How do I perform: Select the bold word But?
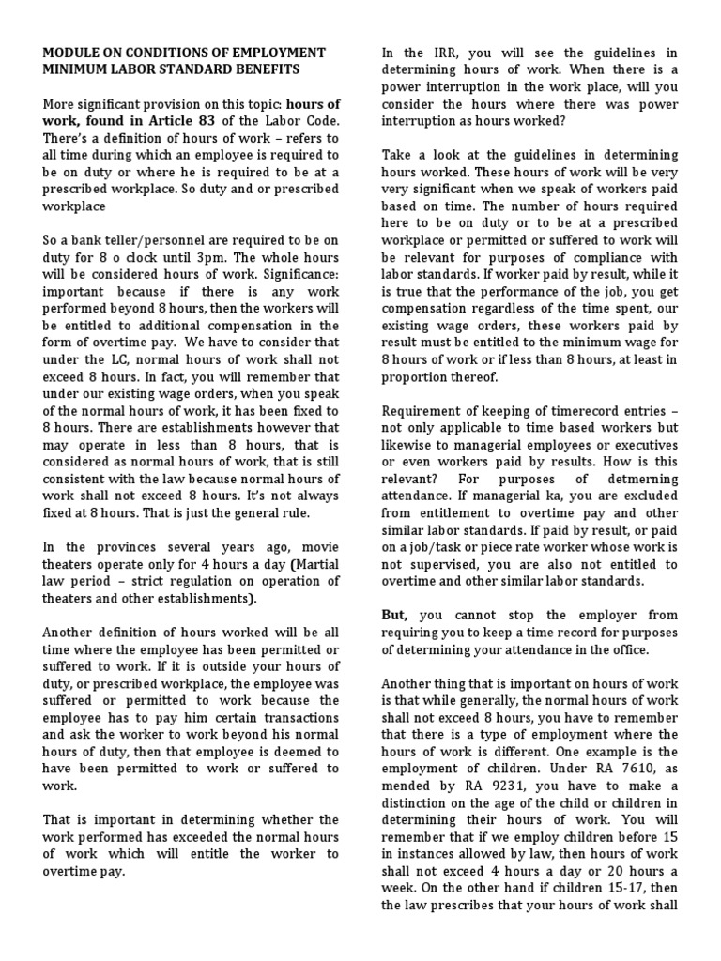(395, 616)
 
